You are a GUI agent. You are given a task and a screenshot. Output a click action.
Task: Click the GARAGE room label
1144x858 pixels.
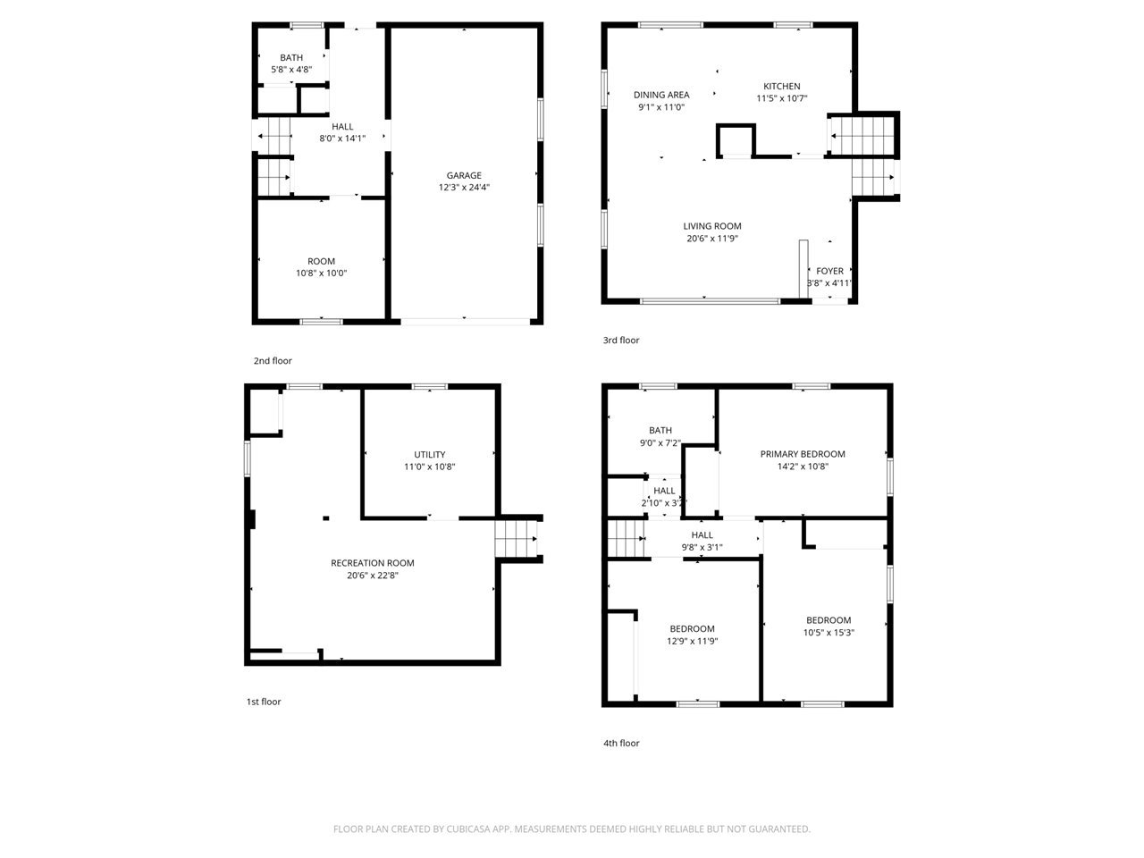463,175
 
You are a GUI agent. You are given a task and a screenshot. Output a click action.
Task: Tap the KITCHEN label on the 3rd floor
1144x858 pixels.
781,87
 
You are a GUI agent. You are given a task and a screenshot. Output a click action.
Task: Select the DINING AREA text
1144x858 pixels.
660,95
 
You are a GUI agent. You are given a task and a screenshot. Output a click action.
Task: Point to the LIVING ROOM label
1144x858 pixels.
712,226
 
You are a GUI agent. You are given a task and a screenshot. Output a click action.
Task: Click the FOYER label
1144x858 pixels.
829,271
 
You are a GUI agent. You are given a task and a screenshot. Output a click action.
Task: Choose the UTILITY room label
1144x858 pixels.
430,454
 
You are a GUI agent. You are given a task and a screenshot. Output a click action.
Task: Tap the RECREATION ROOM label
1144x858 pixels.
372,563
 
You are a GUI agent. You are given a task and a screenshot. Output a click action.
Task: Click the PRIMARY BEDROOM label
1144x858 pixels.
802,454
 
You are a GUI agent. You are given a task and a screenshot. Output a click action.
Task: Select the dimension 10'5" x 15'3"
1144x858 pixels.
829,633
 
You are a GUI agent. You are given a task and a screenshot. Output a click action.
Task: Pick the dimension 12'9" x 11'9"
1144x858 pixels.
692,641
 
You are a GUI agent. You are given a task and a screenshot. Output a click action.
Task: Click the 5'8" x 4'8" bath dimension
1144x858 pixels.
291,70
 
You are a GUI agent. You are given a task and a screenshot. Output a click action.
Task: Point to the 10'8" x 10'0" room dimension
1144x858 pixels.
321,273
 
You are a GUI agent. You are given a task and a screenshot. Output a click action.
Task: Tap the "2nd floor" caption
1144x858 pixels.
273,360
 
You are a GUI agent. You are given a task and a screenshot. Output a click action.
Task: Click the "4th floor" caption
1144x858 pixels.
621,743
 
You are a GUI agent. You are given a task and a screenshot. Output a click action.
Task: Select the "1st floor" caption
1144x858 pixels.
263,702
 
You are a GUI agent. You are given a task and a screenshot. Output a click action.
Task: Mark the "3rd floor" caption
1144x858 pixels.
621,340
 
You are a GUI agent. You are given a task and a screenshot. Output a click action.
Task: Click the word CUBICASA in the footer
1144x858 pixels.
468,829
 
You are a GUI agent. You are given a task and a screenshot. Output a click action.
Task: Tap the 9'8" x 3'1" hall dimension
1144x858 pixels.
702,547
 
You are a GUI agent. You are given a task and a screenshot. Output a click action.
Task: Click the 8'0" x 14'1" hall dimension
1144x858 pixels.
342,138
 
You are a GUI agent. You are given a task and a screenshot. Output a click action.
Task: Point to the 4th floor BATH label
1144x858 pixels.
660,430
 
